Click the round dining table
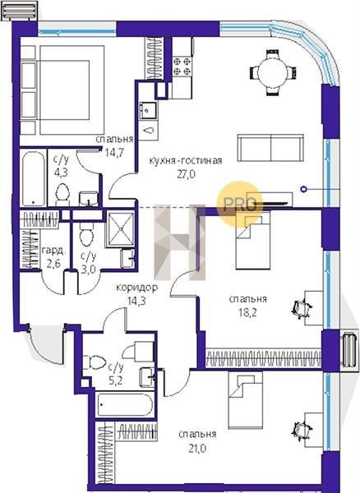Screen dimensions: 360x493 (273, 72)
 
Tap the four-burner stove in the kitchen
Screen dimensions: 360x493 (182, 66)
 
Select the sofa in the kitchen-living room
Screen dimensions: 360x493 (270, 148)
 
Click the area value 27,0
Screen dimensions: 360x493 (187, 174)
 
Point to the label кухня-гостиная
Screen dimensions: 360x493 (186, 161)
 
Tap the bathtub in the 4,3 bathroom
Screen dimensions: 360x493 (33, 178)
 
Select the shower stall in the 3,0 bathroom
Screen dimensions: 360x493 (120, 228)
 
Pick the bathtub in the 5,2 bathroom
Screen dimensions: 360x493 (125, 404)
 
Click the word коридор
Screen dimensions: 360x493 (137, 288)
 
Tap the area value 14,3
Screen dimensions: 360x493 (136, 301)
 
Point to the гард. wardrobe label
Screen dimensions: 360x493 (54, 251)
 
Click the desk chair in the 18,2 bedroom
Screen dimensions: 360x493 (302, 308)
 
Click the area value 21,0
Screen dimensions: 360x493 (197, 448)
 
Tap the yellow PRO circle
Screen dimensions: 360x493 (240, 204)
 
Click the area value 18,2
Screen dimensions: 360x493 (247, 312)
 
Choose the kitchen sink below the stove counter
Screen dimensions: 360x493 (149, 111)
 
